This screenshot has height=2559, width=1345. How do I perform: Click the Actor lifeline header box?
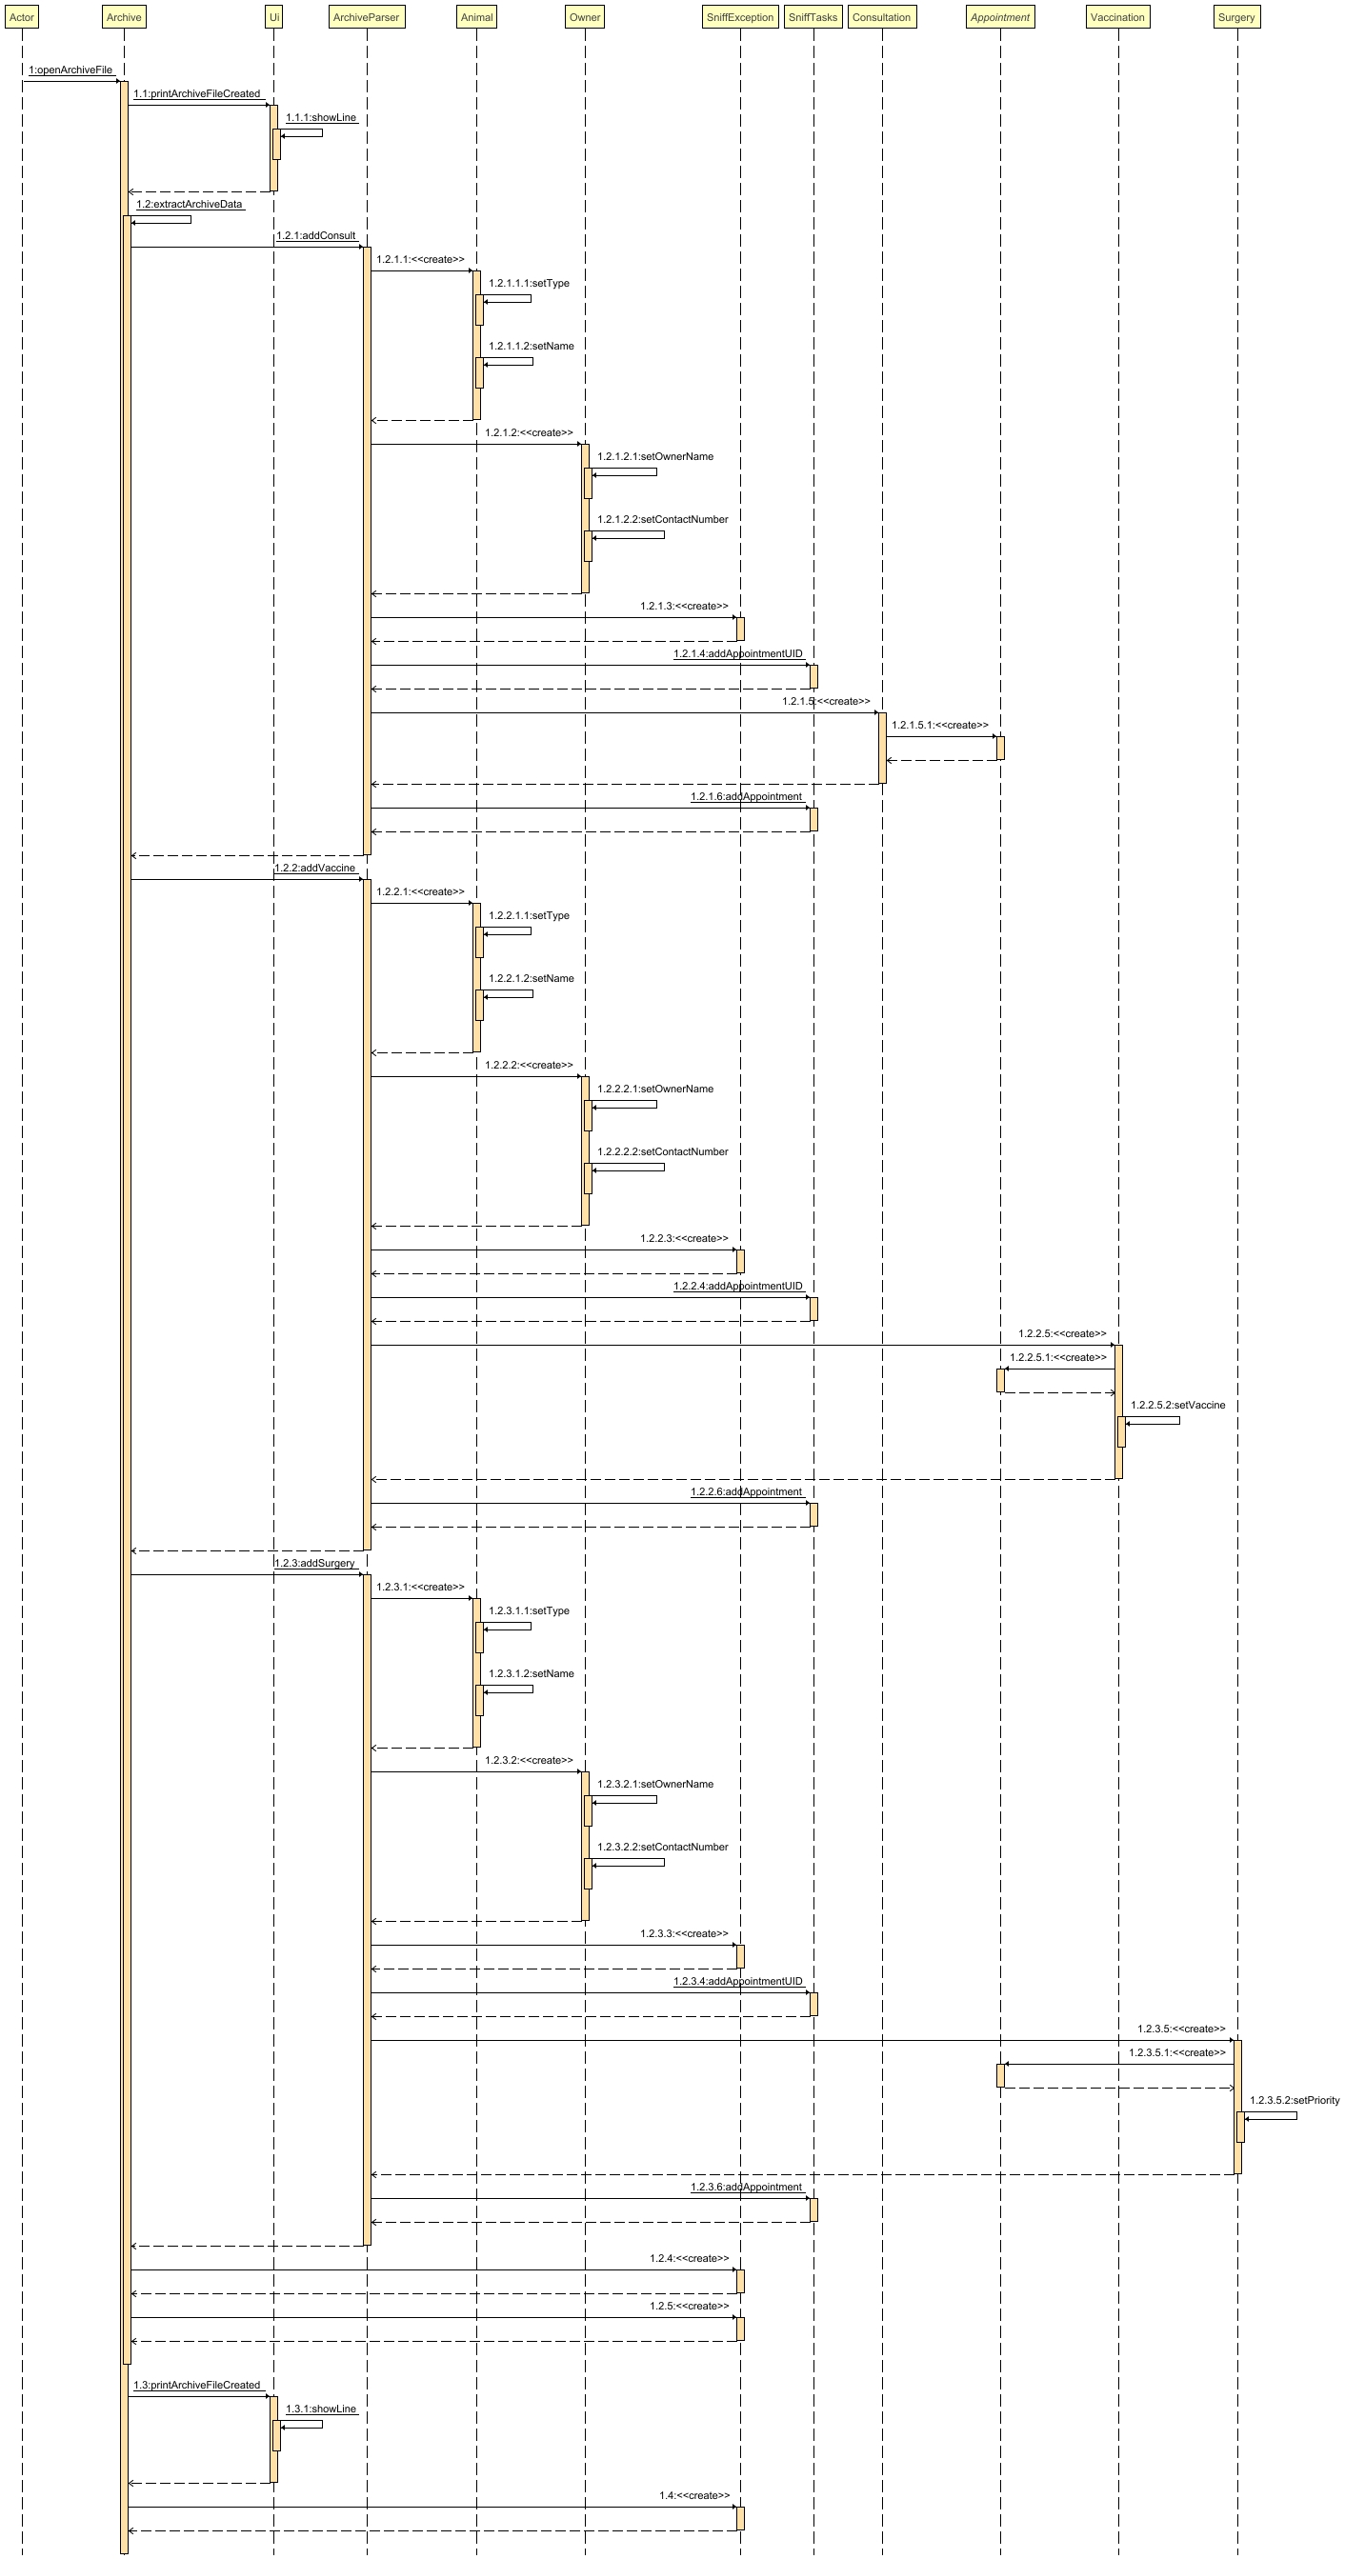click(x=22, y=17)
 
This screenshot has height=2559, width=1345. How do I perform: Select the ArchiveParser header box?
click(x=367, y=17)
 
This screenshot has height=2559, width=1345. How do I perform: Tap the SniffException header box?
click(x=740, y=17)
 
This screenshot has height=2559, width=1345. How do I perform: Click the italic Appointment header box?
click(x=999, y=17)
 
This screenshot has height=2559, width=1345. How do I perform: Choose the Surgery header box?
click(x=1236, y=17)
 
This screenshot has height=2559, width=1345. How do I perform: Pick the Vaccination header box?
click(x=1117, y=17)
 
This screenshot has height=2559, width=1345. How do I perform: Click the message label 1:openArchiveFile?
click(x=70, y=70)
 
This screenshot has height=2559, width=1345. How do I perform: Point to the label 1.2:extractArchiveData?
click(x=190, y=205)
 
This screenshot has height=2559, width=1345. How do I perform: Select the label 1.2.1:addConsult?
click(x=316, y=236)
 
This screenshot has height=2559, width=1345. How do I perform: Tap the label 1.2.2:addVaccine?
click(x=315, y=869)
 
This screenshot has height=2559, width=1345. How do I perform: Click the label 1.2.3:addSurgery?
click(x=315, y=1564)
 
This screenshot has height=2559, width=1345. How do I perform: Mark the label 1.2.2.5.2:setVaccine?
click(x=1177, y=1406)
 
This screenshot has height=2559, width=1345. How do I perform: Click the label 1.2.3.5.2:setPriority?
click(x=1295, y=2101)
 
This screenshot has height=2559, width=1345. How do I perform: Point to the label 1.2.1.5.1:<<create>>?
click(x=940, y=726)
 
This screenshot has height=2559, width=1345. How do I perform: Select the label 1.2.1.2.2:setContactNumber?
click(x=663, y=520)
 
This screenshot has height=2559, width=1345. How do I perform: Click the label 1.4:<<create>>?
click(x=694, y=2496)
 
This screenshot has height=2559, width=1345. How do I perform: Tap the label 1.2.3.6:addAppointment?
click(x=746, y=2188)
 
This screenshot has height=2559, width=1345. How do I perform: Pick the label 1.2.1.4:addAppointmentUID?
click(x=738, y=654)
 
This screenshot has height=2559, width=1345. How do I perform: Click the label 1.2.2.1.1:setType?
click(x=530, y=916)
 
